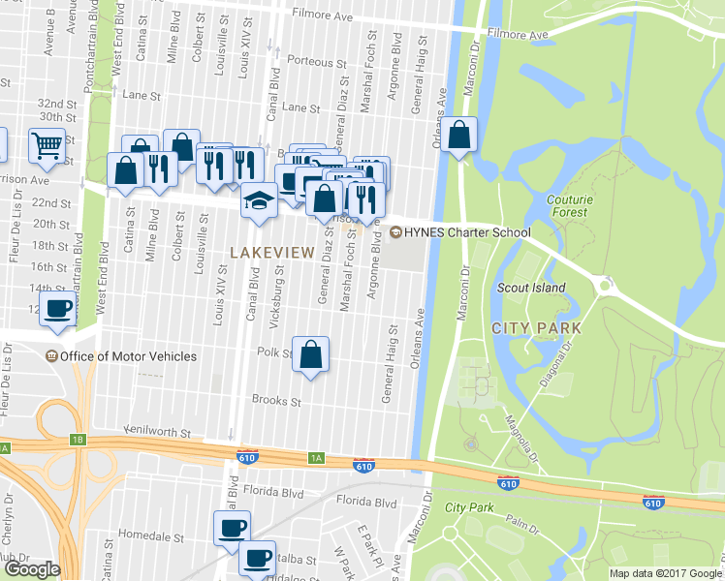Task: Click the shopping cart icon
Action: pos(46,146)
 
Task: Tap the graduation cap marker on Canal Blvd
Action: pos(259,200)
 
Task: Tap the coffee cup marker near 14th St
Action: pos(59,309)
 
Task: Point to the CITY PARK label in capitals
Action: pos(537,328)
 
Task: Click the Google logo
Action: pos(31,569)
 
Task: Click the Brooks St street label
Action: pos(276,400)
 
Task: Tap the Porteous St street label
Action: pos(310,61)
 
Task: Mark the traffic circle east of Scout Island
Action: pos(608,286)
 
